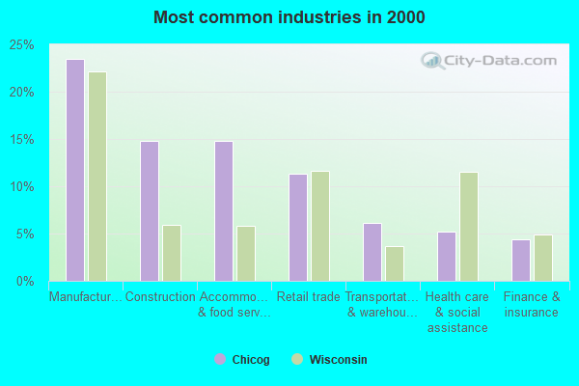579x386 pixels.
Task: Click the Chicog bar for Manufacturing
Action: [74, 170]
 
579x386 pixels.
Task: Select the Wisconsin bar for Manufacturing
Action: [97, 177]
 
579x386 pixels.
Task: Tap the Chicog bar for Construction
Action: [149, 211]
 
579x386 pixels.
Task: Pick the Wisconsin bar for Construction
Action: [172, 253]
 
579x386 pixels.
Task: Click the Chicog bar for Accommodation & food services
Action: [223, 211]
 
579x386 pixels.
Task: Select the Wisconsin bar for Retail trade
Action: [320, 226]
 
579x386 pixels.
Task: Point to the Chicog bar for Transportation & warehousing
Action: [372, 252]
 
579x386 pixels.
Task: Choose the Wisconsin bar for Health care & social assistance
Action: [469, 227]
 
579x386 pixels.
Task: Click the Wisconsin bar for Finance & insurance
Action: [543, 258]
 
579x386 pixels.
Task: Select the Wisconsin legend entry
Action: [329, 360]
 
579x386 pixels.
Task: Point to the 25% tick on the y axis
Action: [22, 45]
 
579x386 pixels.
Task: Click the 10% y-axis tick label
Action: [22, 187]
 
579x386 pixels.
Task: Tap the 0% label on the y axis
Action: [25, 282]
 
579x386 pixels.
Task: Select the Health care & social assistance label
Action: [457, 312]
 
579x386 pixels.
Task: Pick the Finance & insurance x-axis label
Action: [532, 304]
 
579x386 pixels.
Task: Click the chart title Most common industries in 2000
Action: [289, 17]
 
